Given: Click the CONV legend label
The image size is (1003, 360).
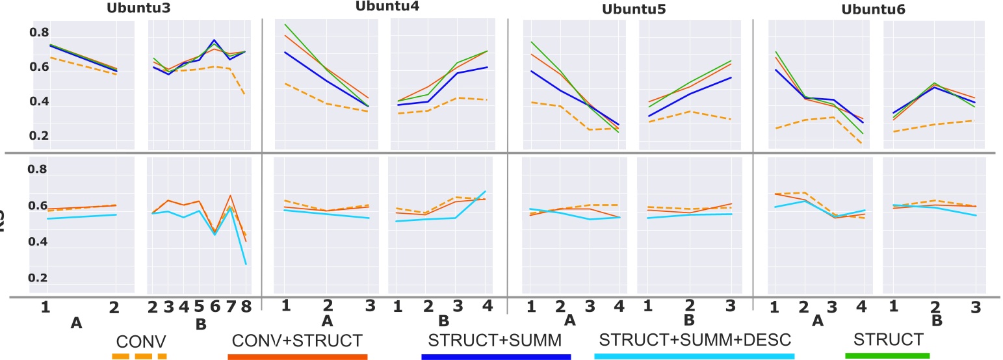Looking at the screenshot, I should (141, 340).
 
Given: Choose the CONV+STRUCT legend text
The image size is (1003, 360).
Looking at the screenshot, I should (297, 340).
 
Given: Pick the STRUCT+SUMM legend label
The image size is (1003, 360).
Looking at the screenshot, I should (495, 340).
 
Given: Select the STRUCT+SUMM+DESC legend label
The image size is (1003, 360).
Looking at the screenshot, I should (694, 340).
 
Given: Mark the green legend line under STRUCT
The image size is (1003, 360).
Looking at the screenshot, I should (887, 355).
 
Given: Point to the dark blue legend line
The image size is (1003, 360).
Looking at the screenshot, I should (495, 356).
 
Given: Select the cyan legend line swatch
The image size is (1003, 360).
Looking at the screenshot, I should (694, 356).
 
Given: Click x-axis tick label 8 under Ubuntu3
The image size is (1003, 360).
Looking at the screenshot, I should (246, 307).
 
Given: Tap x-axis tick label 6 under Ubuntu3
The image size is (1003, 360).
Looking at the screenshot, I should (215, 307).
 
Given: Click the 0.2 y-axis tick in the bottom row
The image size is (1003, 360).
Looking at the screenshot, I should (38, 278).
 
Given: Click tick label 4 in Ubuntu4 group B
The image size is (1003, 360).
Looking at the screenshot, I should (485, 306).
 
